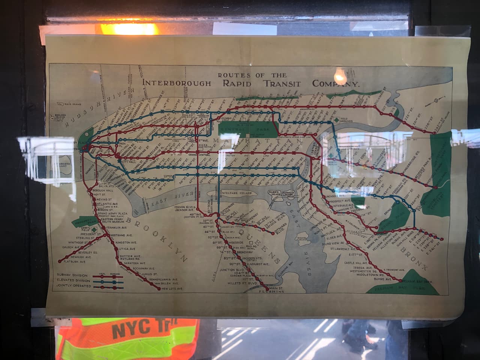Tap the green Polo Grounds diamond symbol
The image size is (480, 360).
coord(337,120)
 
